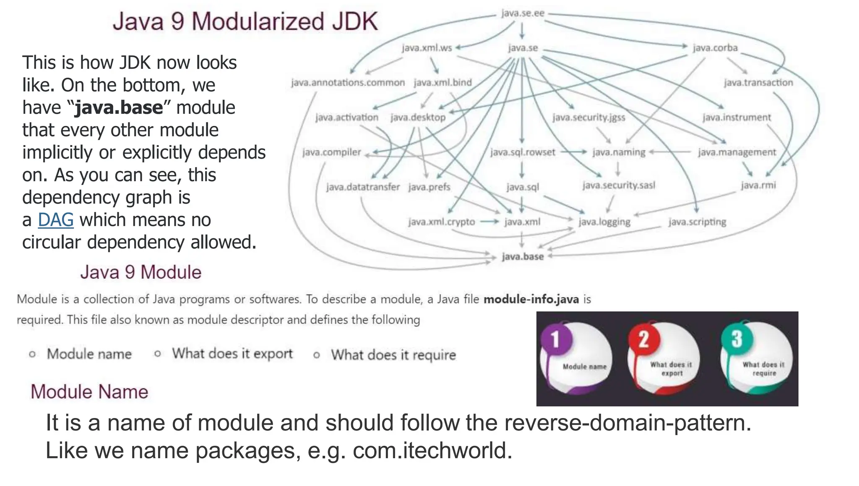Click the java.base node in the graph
[523, 256]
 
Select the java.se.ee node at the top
[523, 13]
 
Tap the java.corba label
[715, 48]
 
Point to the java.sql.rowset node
[523, 152]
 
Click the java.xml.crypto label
[441, 222]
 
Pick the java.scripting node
[697, 222]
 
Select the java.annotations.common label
[348, 83]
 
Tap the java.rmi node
[758, 185]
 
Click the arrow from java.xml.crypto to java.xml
[489, 222]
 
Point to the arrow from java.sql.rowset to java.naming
[573, 152]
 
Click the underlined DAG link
[56, 220]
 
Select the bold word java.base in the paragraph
[119, 108]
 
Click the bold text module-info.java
[531, 299]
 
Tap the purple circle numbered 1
[555, 339]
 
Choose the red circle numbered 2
[643, 339]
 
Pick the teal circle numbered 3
[737, 339]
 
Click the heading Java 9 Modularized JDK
[245, 21]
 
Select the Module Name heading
[89, 392]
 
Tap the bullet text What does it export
[232, 354]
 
